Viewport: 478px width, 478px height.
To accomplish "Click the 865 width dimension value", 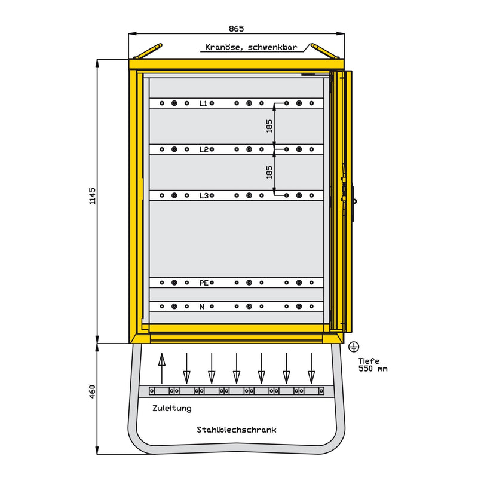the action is [236, 29].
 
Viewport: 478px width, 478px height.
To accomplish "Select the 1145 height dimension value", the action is [92, 196].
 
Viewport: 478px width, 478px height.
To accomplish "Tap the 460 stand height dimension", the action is [92, 392].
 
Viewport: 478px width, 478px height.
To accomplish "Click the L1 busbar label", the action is [203, 103].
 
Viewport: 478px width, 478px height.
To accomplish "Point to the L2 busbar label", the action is [203, 149].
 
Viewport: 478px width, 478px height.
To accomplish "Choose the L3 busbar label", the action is [203, 195].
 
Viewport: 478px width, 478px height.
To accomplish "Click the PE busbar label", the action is [204, 283].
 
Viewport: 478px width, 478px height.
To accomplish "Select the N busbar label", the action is [202, 307].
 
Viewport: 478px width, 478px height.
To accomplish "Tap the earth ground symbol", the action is [354, 347].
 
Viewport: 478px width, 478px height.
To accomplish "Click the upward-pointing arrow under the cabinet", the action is [162, 368].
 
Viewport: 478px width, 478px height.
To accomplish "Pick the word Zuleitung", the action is [172, 409].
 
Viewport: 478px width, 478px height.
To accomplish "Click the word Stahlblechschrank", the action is [237, 430].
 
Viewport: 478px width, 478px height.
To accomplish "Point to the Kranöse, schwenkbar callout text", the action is [251, 47].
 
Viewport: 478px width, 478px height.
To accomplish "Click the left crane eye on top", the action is [148, 51].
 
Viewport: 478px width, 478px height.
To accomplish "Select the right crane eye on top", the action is [324, 51].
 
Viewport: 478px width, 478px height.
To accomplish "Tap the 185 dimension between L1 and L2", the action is [269, 126].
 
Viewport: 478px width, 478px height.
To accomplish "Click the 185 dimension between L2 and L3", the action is [269, 172].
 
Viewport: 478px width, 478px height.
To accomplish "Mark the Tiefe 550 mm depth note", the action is [373, 365].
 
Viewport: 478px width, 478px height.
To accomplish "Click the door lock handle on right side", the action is [354, 201].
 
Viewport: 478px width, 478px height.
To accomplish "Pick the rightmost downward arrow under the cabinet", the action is [311, 368].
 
